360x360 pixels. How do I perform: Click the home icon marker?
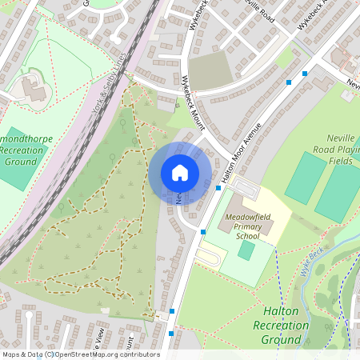[180, 173]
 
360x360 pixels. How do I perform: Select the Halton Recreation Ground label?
[280, 325]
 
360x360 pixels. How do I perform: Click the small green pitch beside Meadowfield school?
[246, 250]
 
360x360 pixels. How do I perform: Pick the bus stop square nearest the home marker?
[218, 188]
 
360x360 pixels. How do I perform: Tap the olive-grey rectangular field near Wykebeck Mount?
[210, 71]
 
